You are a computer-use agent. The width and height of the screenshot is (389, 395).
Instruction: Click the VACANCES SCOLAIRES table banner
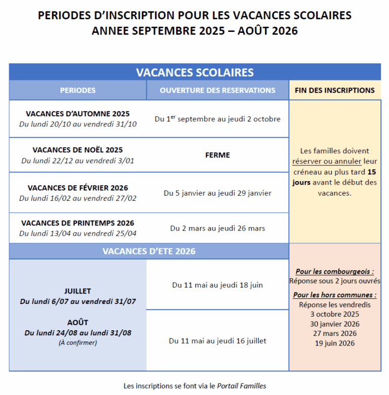tap(194, 72)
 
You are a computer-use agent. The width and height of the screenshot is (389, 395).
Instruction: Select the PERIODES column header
tap(77, 91)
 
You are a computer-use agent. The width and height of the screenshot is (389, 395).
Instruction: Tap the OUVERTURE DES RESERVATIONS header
tap(217, 91)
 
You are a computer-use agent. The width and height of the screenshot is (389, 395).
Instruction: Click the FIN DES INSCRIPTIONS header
tap(335, 91)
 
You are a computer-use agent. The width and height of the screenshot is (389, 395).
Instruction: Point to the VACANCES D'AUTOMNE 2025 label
tap(77, 114)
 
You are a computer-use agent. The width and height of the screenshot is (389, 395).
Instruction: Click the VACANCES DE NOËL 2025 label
tap(77, 150)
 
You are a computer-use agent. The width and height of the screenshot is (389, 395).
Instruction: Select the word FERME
tap(217, 155)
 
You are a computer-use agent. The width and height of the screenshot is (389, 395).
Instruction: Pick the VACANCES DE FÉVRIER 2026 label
tap(77, 188)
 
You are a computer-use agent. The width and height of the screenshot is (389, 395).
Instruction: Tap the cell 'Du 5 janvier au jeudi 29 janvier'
tap(217, 193)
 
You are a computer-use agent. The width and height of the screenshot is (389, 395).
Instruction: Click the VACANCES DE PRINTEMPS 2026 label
tap(77, 223)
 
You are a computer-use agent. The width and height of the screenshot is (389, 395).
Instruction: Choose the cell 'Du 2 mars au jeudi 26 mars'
tap(217, 229)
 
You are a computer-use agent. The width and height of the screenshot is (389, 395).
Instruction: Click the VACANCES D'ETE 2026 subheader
tap(149, 251)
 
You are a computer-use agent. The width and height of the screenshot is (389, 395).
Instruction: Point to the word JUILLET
tap(77, 291)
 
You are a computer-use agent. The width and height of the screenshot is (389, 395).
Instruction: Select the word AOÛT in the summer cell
tap(77, 322)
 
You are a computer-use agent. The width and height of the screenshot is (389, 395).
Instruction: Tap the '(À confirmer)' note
tap(77, 343)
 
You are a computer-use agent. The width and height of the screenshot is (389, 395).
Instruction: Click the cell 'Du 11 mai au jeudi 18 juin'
tap(217, 285)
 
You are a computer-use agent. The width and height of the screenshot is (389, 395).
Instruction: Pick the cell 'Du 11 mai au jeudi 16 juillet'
tap(217, 341)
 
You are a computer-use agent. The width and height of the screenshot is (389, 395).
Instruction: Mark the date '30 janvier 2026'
tap(335, 324)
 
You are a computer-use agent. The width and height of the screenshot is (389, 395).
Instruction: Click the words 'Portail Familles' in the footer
tap(242, 386)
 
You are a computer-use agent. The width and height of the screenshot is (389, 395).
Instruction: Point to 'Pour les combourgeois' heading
tap(335, 272)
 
